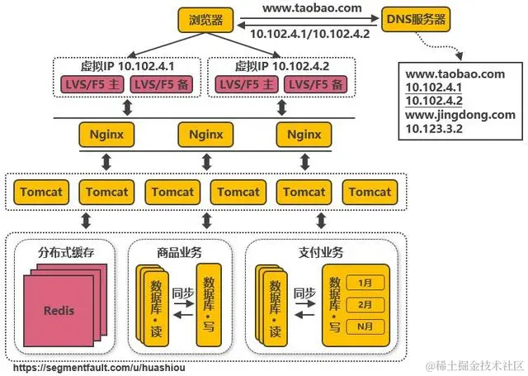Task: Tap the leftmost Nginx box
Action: tap(105, 133)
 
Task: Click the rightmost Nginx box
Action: tap(304, 133)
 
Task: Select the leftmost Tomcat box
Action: tap(39, 192)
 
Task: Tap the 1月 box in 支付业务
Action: tap(366, 283)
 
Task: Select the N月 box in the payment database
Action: tap(366, 326)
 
